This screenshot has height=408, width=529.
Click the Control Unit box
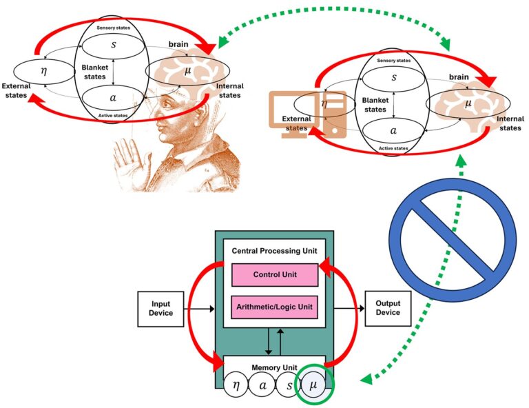pyautogui.click(x=275, y=275)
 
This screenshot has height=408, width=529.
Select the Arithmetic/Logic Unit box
pyautogui.click(x=274, y=307)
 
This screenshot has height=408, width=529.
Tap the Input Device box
pyautogui.click(x=160, y=309)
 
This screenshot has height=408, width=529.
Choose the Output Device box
pyautogui.click(x=388, y=308)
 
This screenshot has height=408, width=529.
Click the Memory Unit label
pyautogui.click(x=274, y=367)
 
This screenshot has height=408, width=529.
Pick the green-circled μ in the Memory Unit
pyautogui.click(x=313, y=384)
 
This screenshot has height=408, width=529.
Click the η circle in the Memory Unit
pyautogui.click(x=236, y=384)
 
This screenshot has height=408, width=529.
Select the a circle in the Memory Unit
pyautogui.click(x=262, y=384)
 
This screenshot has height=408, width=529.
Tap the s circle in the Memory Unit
pyautogui.click(x=289, y=384)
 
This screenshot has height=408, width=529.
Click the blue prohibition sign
pyautogui.click(x=453, y=241)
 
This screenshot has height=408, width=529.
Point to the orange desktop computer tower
pyautogui.click(x=334, y=114)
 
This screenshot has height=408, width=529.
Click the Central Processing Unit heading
pyautogui.click(x=274, y=251)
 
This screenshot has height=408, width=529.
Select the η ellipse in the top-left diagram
pyautogui.click(x=44, y=72)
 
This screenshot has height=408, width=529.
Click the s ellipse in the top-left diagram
pyautogui.click(x=114, y=45)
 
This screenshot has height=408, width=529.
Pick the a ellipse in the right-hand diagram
pyautogui.click(x=393, y=130)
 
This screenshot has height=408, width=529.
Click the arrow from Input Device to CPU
pyautogui.click(x=199, y=309)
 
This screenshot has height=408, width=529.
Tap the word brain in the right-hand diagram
pyautogui.click(x=459, y=77)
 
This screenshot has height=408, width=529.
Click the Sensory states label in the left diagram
pyautogui.click(x=114, y=28)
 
